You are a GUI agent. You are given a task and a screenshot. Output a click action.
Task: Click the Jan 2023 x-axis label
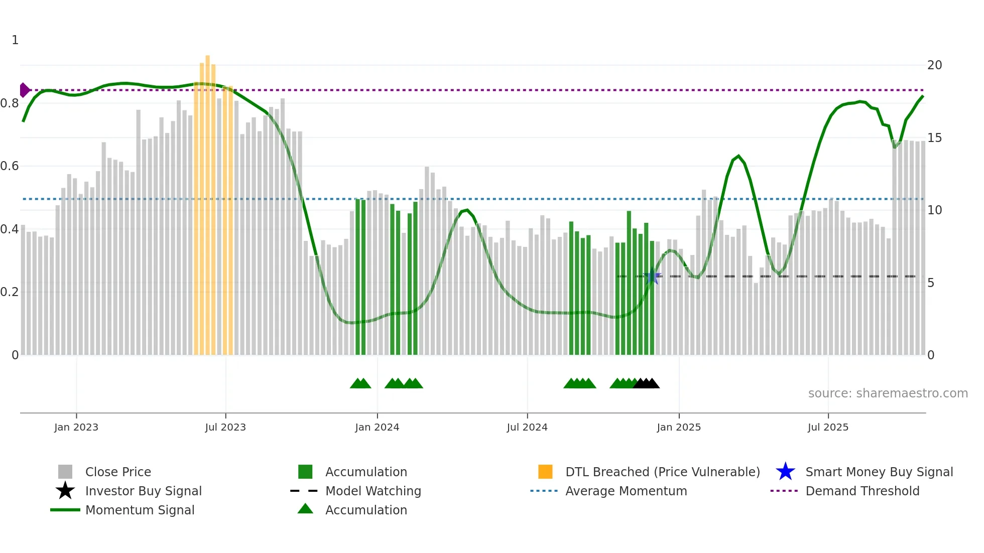click(x=76, y=427)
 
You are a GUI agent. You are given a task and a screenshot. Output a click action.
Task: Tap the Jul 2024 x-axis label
click(x=527, y=427)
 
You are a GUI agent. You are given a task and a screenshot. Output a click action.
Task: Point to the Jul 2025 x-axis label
click(x=828, y=427)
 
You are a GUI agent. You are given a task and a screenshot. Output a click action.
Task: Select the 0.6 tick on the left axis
click(x=10, y=166)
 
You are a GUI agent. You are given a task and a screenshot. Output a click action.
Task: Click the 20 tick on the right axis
click(x=934, y=65)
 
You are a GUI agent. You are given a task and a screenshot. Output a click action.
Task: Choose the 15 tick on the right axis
click(x=934, y=138)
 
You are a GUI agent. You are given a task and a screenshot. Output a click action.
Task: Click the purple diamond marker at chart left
click(x=24, y=90)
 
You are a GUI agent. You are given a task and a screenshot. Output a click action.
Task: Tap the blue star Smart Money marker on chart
click(x=652, y=276)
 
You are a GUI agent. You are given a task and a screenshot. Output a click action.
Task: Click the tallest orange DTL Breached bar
click(x=207, y=201)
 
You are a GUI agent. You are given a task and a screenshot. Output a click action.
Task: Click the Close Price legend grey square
click(x=65, y=472)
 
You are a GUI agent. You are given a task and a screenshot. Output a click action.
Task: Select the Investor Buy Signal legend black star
click(x=65, y=491)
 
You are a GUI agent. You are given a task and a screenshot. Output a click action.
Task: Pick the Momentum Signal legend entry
click(x=140, y=510)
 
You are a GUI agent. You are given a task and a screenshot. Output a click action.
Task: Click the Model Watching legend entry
click(x=373, y=491)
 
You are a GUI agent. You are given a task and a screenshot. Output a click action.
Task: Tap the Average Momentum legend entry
click(x=626, y=491)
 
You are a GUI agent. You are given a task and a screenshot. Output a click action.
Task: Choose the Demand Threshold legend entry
click(x=862, y=491)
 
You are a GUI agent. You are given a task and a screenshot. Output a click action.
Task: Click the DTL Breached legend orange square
click(x=545, y=472)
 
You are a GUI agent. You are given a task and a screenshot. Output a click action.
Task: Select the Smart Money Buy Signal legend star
click(x=785, y=472)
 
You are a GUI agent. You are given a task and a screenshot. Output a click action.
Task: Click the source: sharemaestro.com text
click(x=888, y=393)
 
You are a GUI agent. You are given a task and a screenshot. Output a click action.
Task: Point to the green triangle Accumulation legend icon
click(x=305, y=509)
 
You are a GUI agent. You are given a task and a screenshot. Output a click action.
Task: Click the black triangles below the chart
click(x=646, y=383)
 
